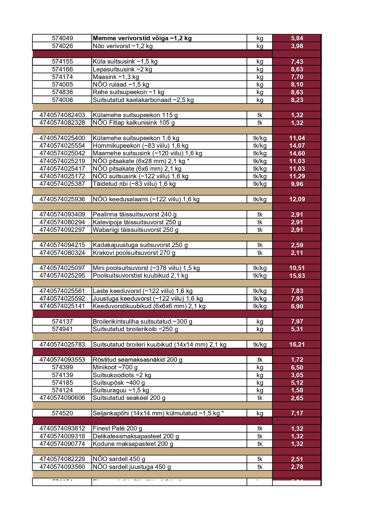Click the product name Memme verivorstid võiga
point(142,38)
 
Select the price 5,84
point(297,38)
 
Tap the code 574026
point(62,46)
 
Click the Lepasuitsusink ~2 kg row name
point(122,69)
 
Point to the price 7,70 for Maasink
point(297,77)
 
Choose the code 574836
point(62,92)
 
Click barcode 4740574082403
point(62,115)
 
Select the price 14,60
point(297,153)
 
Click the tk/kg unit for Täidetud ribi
point(260,184)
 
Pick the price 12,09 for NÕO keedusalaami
point(297,199)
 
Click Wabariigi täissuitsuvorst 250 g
point(135,230)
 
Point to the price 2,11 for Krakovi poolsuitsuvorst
point(297,253)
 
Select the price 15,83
point(297,276)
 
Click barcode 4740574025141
point(62,306)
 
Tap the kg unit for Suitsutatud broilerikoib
point(260,329)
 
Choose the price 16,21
point(297,345)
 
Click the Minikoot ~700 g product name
point(115,367)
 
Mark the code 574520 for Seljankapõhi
point(62,413)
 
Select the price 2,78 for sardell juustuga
point(297,467)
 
